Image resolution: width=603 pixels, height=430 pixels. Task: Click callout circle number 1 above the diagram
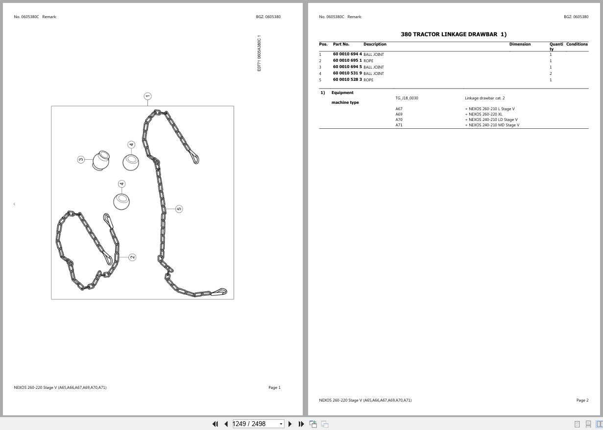point(147,96)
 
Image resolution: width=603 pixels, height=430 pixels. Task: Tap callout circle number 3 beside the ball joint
point(81,160)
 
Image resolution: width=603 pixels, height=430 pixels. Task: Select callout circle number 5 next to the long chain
point(179,209)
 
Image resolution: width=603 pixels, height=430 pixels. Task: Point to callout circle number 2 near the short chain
point(132,257)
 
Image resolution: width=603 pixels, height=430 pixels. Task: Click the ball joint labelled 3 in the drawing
point(101,161)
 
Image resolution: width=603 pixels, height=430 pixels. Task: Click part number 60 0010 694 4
point(347,54)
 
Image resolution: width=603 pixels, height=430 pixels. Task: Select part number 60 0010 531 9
point(347,73)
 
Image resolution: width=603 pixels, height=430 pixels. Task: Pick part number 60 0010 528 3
point(347,80)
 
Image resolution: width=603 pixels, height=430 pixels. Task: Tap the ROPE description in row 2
point(368,61)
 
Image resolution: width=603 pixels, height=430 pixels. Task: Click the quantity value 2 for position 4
point(551,73)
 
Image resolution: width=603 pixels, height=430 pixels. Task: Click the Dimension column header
point(520,45)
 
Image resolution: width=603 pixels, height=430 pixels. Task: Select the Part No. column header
point(341,45)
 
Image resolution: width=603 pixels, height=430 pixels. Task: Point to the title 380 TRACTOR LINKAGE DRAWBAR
point(454,34)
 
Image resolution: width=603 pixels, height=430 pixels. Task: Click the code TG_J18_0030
point(407,98)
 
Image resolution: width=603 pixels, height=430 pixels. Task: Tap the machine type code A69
point(399,115)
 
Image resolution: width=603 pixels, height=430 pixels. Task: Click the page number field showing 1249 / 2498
point(256,424)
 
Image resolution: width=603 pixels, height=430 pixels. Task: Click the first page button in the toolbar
point(215,424)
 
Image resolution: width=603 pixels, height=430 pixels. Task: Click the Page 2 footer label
point(582,401)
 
